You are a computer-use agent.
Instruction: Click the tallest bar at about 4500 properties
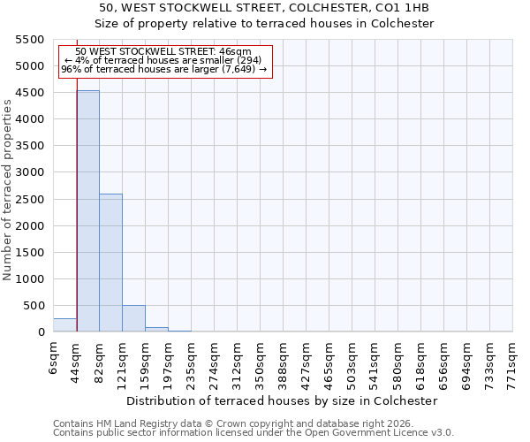coord(87,212)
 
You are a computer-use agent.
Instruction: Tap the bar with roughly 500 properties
coord(133,318)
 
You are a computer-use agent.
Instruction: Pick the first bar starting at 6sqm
coord(64,325)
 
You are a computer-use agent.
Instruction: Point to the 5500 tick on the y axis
coord(32,40)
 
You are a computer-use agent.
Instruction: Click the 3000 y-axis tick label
coord(32,172)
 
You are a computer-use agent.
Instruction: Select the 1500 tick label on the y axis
coord(32,252)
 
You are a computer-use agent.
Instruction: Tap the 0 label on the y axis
coord(41,332)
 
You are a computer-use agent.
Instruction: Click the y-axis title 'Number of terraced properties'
coord(8,190)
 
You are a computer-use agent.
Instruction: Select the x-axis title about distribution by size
coord(282,400)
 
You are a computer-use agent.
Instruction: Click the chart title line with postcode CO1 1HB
coord(264,8)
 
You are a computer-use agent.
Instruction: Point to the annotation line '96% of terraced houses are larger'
coord(163,69)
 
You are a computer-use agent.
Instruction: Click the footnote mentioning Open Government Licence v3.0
coord(254,433)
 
